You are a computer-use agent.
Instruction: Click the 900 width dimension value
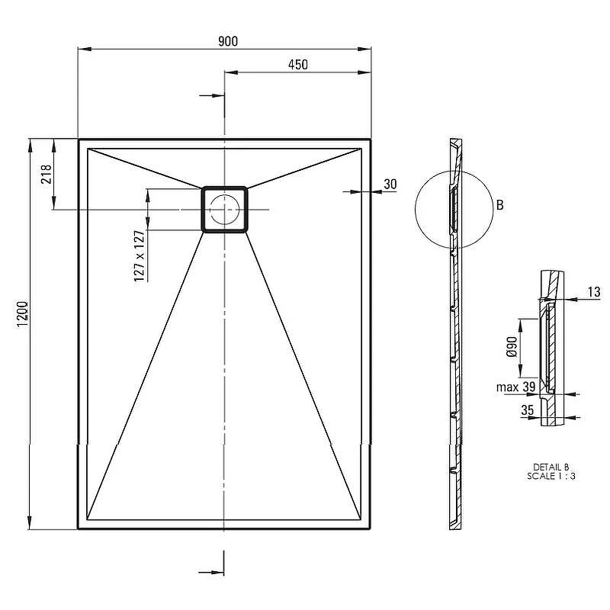coord(228,41)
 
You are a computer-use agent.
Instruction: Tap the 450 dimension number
coord(298,65)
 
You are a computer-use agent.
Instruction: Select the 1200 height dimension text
coord(23,314)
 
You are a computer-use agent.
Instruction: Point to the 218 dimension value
coord(47,174)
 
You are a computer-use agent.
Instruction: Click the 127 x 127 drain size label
coord(140,256)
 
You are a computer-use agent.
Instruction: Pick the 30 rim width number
coord(390,184)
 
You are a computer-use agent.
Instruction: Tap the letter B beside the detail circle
coord(500,205)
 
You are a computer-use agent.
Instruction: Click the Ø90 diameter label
coord(512,347)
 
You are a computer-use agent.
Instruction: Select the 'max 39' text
coord(516,387)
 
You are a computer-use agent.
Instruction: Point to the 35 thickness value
coord(528,410)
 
